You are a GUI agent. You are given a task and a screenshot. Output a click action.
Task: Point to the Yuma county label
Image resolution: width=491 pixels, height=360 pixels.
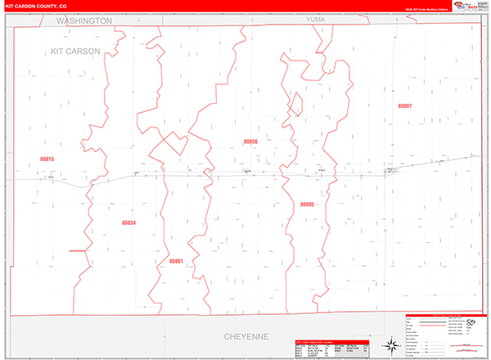tap(315, 20)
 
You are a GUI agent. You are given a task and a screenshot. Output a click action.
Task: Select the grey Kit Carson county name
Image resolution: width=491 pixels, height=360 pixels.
tap(74, 51)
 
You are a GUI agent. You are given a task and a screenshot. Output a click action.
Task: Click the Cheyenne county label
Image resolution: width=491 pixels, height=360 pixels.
tap(246, 335)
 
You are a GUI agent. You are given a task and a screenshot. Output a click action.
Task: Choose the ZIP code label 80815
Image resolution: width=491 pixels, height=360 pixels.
tap(47, 159)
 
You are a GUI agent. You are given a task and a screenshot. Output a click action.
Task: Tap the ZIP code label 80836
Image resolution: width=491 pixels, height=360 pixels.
tap(250, 142)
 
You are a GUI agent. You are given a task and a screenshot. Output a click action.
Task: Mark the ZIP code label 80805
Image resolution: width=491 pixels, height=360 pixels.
tap(307, 204)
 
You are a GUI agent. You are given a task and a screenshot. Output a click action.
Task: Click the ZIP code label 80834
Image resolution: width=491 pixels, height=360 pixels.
tap(128, 223)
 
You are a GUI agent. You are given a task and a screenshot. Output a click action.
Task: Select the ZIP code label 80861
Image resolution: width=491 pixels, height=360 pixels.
tap(176, 261)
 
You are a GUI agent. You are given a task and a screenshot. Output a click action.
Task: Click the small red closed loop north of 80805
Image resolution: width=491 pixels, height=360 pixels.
tap(295, 106)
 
